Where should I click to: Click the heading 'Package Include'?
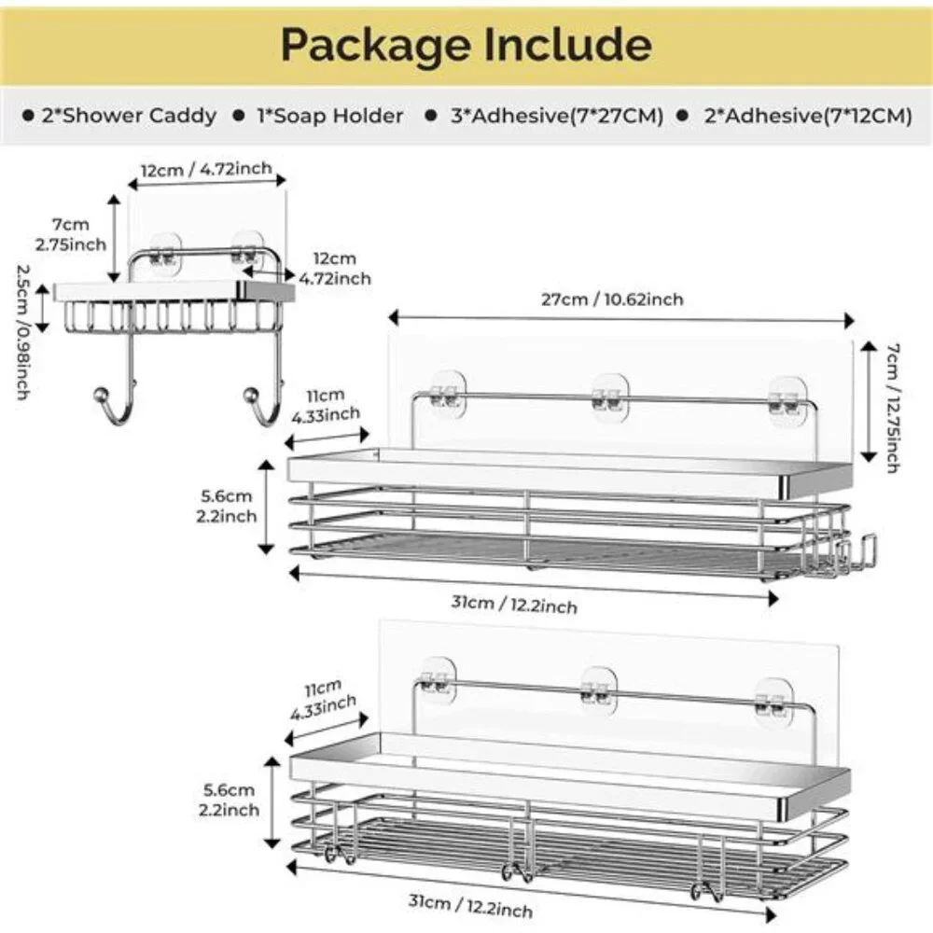(x=466, y=45)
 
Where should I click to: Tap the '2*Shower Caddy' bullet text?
(x=129, y=116)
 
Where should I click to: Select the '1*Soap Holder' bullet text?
(x=330, y=116)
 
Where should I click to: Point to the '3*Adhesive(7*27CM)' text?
(x=557, y=116)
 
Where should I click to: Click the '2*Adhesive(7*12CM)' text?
(x=808, y=116)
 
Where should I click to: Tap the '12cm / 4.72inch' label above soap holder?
(x=206, y=170)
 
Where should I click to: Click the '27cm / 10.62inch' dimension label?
(x=612, y=299)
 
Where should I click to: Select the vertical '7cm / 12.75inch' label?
(x=893, y=409)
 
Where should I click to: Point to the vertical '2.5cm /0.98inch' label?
(x=22, y=332)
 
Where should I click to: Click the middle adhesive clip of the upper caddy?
(x=610, y=397)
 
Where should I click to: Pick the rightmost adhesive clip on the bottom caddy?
(x=773, y=703)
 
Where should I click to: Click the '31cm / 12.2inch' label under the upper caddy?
(x=514, y=604)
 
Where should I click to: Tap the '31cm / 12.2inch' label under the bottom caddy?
(x=470, y=905)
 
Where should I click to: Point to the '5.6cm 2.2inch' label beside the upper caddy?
(x=226, y=506)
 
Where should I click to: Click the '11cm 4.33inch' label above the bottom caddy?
(x=323, y=699)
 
